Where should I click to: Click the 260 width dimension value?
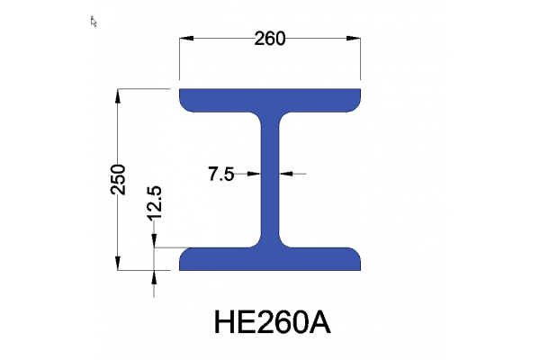pyautogui.click(x=270, y=38)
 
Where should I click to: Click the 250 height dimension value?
pyautogui.click(x=117, y=179)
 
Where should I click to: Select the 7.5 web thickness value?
pyautogui.click(x=221, y=175)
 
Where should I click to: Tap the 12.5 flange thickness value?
pyautogui.click(x=154, y=203)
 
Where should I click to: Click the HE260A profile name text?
pyautogui.click(x=272, y=321)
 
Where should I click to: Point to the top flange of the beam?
pyautogui.click(x=271, y=99)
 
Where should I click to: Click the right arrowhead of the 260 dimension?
pyautogui.click(x=355, y=39)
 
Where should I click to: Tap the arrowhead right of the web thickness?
pyautogui.click(x=285, y=174)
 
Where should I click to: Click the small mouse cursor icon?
pyautogui.click(x=94, y=21)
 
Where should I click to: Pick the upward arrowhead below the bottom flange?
pyautogui.click(x=155, y=276)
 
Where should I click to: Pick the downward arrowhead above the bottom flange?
pyautogui.click(x=155, y=240)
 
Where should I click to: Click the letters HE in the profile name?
pyautogui.click(x=232, y=321)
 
